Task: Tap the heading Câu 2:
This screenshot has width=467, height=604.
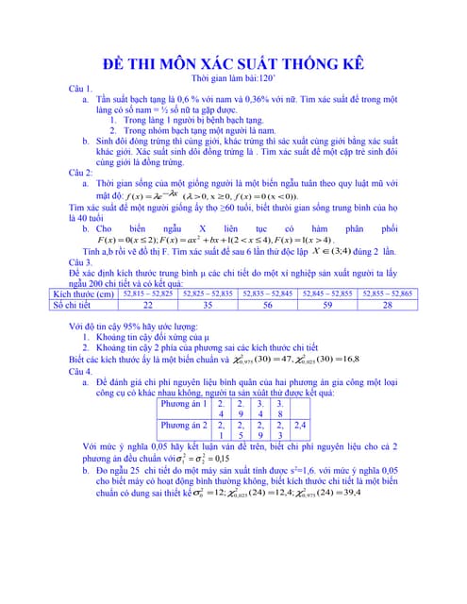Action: pos(82,173)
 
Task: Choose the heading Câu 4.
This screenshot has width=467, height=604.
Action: pos(81,371)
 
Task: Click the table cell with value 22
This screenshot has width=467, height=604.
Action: pos(147,305)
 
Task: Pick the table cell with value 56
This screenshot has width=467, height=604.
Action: pos(268,305)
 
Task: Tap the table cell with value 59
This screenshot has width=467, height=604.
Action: pos(327,305)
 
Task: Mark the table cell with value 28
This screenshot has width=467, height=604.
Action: pos(387,305)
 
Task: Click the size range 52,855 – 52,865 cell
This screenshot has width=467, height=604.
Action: pos(387,294)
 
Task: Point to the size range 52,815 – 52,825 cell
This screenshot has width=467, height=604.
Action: pos(147,294)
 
